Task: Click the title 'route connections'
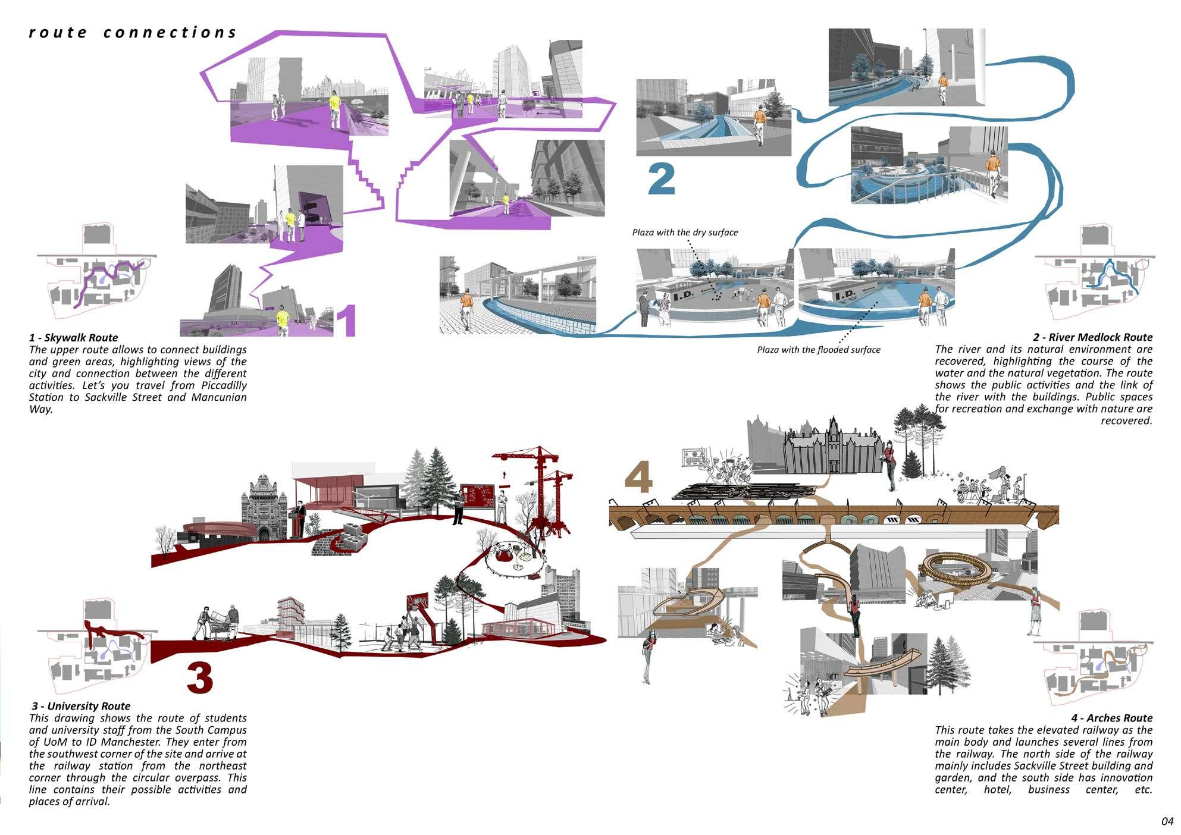click(x=133, y=32)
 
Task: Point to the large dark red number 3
click(x=200, y=677)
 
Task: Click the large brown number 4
click(x=638, y=479)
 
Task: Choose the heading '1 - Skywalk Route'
click(x=74, y=338)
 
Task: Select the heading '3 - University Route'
click(x=81, y=706)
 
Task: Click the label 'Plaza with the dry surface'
click(x=685, y=233)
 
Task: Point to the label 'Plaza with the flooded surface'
click(x=818, y=350)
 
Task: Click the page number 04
click(x=1167, y=821)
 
